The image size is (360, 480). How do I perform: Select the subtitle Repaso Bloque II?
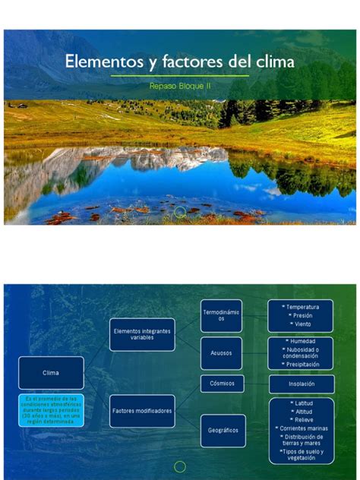tap(180, 87)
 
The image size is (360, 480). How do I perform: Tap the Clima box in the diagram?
tap(51, 373)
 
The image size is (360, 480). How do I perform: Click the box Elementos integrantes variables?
tap(142, 334)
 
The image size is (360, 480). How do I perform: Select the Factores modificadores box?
tap(142, 411)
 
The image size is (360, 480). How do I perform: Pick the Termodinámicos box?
tap(221, 315)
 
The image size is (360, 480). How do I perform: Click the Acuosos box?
tap(221, 353)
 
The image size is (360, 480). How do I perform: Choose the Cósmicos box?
tap(222, 384)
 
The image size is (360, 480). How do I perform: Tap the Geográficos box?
tap(223, 430)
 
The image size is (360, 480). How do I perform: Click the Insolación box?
tap(301, 384)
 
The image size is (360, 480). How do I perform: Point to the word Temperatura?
tap(302, 307)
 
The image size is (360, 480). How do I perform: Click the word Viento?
tap(302, 324)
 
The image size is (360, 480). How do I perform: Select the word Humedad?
tap(302, 341)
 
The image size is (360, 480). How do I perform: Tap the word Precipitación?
tap(302, 364)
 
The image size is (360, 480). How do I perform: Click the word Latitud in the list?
tap(302, 403)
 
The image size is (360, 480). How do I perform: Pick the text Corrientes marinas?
tap(302, 428)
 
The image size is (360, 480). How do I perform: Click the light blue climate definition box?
tap(51, 410)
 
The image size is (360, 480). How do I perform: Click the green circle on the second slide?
tap(180, 466)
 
